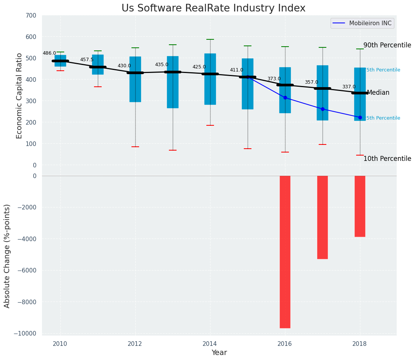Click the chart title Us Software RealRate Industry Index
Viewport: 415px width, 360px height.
pyautogui.click(x=213, y=8)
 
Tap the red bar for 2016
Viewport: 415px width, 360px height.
pyautogui.click(x=285, y=251)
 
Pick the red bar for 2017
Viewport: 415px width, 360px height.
pyautogui.click(x=323, y=217)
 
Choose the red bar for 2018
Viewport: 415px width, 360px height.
pyautogui.click(x=360, y=206)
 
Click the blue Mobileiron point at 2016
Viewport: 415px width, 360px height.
pyautogui.click(x=285, y=98)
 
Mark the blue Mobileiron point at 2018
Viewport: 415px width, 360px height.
pyautogui.click(x=360, y=117)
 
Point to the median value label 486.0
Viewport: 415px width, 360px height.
pyautogui.click(x=49, y=54)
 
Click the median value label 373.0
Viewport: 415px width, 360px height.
pyautogui.click(x=274, y=79)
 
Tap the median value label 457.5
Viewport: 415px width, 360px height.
pyautogui.click(x=87, y=60)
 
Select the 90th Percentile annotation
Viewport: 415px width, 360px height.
pyautogui.click(x=387, y=45)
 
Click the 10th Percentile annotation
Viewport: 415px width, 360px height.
pyautogui.click(x=387, y=159)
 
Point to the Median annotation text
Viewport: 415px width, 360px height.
pyautogui.click(x=378, y=93)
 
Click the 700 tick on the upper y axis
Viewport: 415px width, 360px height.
pyautogui.click(x=31, y=16)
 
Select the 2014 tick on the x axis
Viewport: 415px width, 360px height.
pyautogui.click(x=210, y=344)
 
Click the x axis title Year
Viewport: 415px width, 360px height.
pyautogui.click(x=219, y=353)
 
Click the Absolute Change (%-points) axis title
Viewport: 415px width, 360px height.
pyautogui.click(x=7, y=256)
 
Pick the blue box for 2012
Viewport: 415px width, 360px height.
pyautogui.click(x=135, y=79)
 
